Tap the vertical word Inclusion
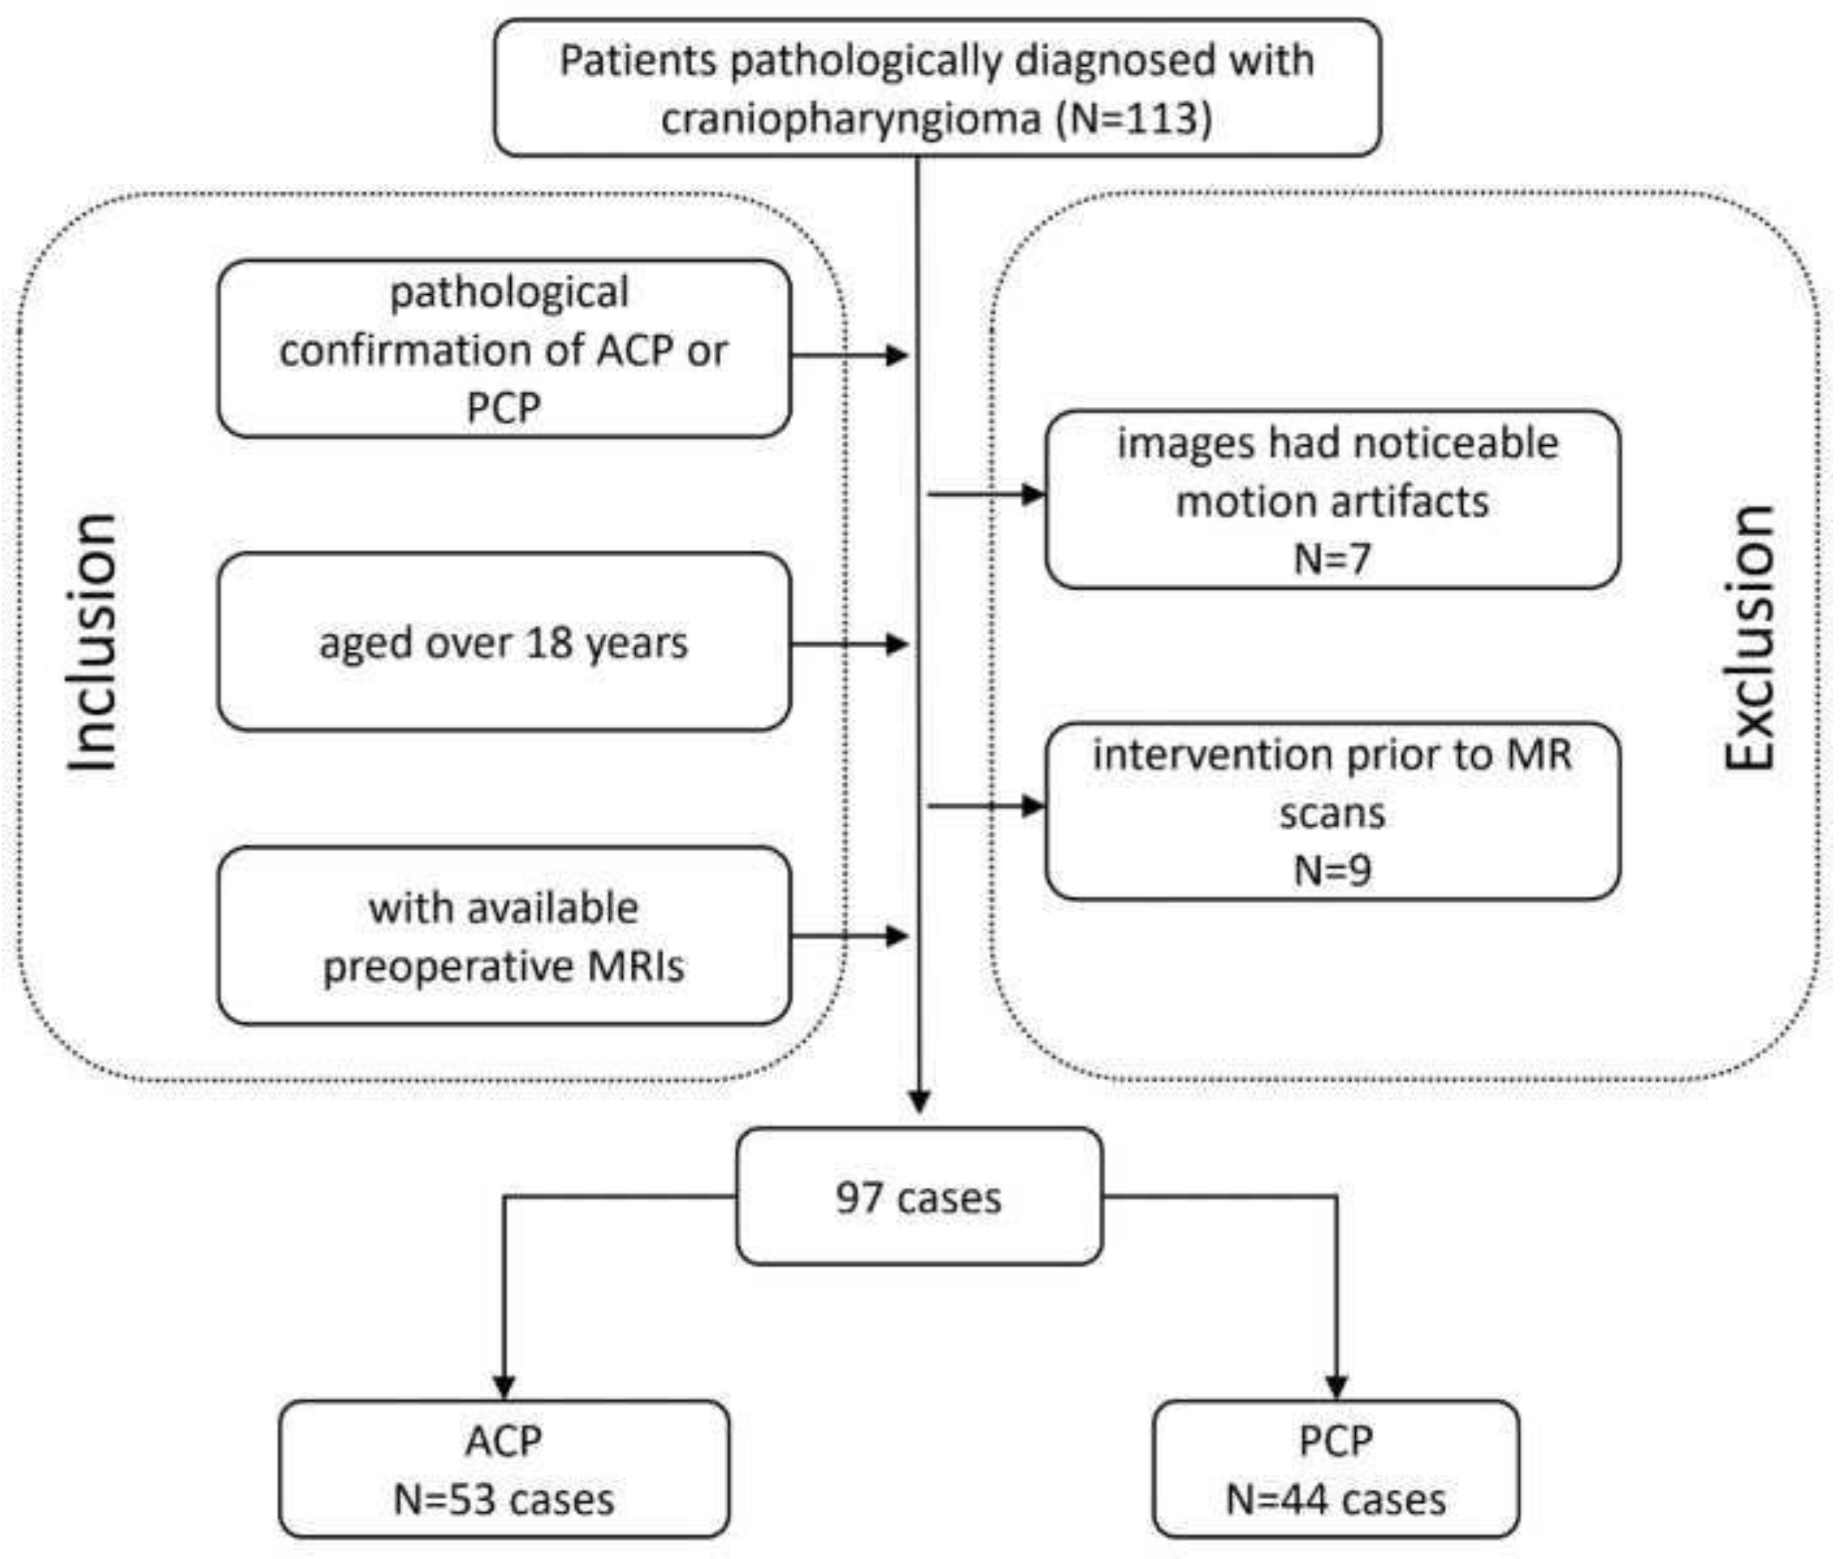[93, 643]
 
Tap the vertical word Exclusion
[1750, 639]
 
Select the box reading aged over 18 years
[504, 643]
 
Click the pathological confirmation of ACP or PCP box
[504, 349]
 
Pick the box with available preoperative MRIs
[504, 936]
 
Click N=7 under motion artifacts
[1332, 559]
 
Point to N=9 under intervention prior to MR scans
[1332, 870]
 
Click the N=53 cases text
[504, 1500]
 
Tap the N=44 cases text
[1335, 1500]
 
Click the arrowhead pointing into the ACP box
[504, 1387]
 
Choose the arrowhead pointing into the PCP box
[1335, 1387]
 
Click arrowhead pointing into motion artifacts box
[1033, 494]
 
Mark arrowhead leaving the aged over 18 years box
[897, 645]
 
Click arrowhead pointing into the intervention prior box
[1033, 806]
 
